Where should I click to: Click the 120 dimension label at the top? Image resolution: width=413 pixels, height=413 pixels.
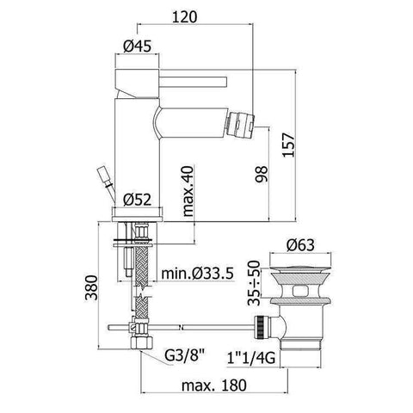[x=185, y=16]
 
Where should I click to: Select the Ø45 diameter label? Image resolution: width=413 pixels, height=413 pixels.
[x=137, y=46]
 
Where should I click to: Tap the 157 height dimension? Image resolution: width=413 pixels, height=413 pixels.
[x=288, y=145]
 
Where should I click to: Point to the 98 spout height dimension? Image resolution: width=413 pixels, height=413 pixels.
[x=262, y=174]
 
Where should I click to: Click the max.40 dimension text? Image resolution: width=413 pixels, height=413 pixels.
[x=188, y=191]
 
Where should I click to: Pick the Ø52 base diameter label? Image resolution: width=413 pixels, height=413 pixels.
[x=137, y=200]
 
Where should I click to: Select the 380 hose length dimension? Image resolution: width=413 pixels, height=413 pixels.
[x=91, y=287]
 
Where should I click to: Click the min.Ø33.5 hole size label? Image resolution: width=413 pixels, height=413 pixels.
[x=197, y=274]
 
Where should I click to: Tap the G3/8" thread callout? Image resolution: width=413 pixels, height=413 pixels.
[x=185, y=356]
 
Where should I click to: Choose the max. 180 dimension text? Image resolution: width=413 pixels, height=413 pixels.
[x=214, y=385]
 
